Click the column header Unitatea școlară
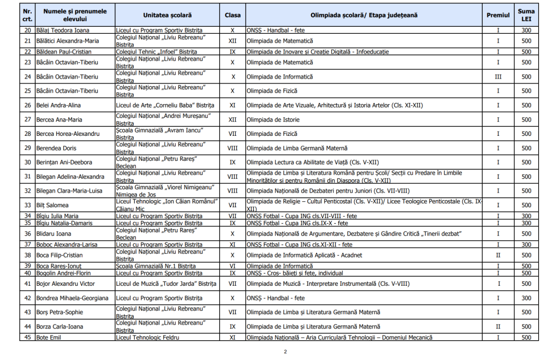pyautogui.click(x=167, y=15)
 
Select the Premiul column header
pyautogui.click(x=498, y=15)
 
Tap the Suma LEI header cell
pyautogui.click(x=526, y=15)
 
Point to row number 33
pyautogui.click(x=27, y=205)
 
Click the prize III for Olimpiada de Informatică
pyautogui.click(x=498, y=77)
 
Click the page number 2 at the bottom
pyautogui.click(x=285, y=352)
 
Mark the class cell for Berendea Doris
pyautogui.click(x=233, y=148)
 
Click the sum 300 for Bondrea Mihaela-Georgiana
pyautogui.click(x=526, y=298)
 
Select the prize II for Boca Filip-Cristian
pyautogui.click(x=498, y=255)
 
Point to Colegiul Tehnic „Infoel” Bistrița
pyautogui.click(x=157, y=52)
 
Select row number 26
pyautogui.click(x=27, y=105)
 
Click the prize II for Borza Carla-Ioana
pyautogui.click(x=498, y=327)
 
